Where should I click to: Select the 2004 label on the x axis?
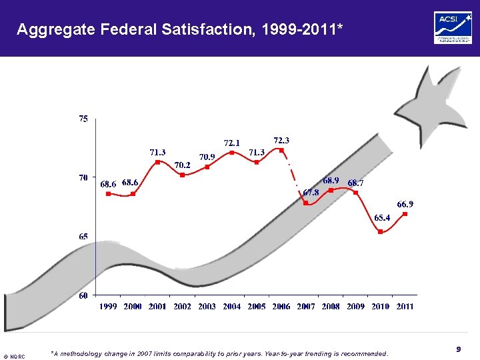pyautogui.click(x=232, y=307)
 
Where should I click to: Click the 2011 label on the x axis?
pyautogui.click(x=404, y=307)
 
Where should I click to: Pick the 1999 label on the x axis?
pyautogui.click(x=109, y=307)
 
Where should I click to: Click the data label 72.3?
pyautogui.click(x=281, y=140)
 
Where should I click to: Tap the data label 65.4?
pyautogui.click(x=382, y=217)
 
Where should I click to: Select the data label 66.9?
pyautogui.click(x=405, y=204)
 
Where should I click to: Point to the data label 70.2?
pyautogui.click(x=182, y=165)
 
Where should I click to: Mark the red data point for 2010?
pyautogui.click(x=380, y=231)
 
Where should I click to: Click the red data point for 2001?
pyautogui.click(x=157, y=162)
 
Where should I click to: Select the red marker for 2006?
pyautogui.click(x=281, y=150)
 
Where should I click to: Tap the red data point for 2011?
pyautogui.click(x=405, y=214)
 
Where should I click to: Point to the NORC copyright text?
pyautogui.click(x=15, y=357)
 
